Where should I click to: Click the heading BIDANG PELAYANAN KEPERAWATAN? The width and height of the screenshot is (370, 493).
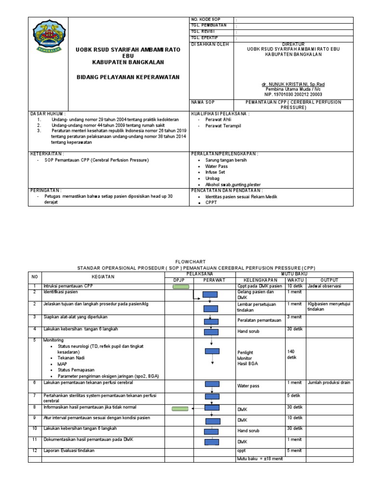(128, 77)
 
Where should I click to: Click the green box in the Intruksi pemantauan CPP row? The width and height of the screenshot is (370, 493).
(181, 286)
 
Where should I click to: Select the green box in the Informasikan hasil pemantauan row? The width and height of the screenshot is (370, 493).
(181, 409)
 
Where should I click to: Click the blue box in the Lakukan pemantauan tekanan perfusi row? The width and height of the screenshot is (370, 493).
(211, 384)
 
